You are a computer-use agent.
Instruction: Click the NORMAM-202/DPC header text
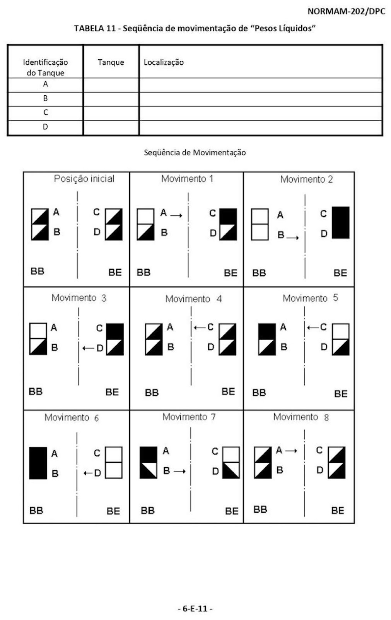click(346, 11)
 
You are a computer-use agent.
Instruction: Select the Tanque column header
click(111, 62)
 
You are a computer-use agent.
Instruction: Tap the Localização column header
click(164, 62)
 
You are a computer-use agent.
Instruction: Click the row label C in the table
click(46, 112)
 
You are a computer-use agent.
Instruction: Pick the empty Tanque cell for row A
click(111, 85)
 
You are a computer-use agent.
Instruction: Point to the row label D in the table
click(45, 127)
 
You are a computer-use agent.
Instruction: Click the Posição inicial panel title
click(84, 179)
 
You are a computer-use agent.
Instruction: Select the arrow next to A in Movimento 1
click(176, 215)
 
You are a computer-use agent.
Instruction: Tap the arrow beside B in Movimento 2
click(293, 238)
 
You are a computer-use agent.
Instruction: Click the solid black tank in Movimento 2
click(340, 222)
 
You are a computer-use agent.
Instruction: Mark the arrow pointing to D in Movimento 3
click(89, 348)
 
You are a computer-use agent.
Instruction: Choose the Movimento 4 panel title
click(193, 299)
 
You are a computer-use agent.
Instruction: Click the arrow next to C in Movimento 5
click(313, 328)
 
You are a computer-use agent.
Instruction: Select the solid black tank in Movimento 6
click(38, 463)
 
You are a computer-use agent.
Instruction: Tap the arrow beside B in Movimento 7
click(179, 471)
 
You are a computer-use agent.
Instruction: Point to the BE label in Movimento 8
click(338, 510)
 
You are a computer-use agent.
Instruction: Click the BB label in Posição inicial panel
click(37, 271)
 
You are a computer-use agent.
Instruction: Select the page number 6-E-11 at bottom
click(195, 608)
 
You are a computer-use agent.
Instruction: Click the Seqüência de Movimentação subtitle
click(195, 153)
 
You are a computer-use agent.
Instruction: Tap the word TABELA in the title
click(89, 28)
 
